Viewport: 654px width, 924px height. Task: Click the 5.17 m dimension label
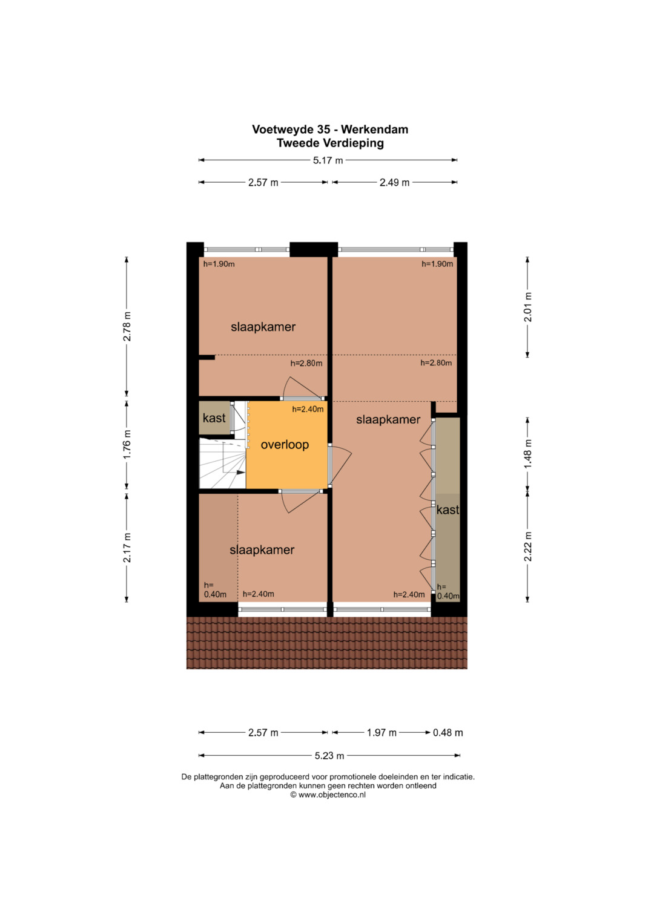coord(328,160)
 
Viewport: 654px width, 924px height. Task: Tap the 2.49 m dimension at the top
coord(394,182)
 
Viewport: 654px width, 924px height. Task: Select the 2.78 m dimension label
coord(127,326)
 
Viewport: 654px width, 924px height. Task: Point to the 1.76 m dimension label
coord(127,444)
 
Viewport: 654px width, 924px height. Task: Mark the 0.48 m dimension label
coord(448,733)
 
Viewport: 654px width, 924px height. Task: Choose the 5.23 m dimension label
coord(329,756)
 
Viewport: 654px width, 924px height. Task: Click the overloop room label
coord(285,445)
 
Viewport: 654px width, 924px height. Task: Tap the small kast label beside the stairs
coord(214,418)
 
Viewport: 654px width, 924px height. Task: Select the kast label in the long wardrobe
coord(448,510)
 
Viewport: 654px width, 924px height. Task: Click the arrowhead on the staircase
coord(241,473)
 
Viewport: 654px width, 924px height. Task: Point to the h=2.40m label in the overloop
coord(308,409)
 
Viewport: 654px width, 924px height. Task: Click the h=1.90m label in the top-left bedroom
coord(219,264)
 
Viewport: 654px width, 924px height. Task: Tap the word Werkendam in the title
coord(374,129)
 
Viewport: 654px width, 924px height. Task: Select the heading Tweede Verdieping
coord(330,143)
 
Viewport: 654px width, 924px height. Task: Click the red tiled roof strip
coord(326,643)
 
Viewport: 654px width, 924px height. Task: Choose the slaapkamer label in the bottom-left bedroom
coord(262,550)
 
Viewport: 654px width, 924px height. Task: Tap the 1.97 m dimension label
coord(381,733)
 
